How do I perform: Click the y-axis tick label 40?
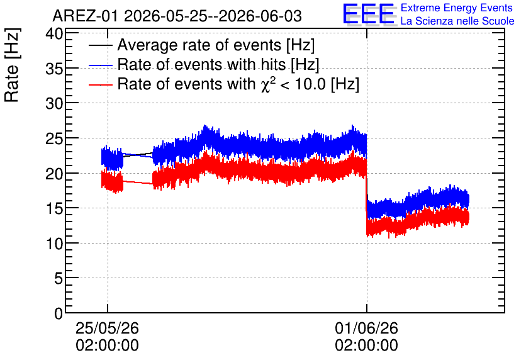point(54,34)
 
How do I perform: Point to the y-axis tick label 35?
point(54,69)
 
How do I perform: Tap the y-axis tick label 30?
point(54,104)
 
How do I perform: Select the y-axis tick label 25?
point(54,138)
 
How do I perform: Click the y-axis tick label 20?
point(54,174)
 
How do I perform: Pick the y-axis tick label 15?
point(54,209)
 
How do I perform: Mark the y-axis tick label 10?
point(54,244)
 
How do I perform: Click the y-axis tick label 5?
point(59,278)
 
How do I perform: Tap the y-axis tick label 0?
point(59,313)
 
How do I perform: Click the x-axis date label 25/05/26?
point(108,328)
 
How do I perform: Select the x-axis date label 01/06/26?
point(366,328)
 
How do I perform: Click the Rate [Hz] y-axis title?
point(12,65)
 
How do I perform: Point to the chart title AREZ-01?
point(85,16)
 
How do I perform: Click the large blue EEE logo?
point(369,14)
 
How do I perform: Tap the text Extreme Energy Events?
point(457,8)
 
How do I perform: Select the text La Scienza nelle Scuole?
point(457,21)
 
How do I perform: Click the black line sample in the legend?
point(100,45)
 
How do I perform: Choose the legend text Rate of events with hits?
point(202,64)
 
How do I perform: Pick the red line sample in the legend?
point(100,84)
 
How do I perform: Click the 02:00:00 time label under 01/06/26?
point(366,345)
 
